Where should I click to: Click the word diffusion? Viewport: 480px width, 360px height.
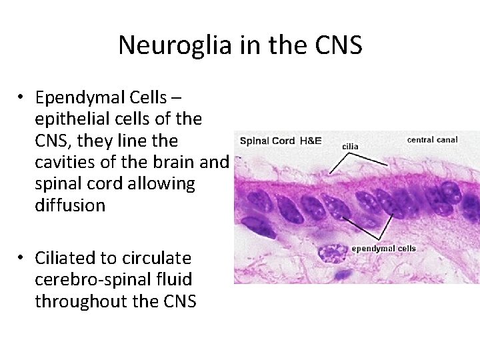pos(70,205)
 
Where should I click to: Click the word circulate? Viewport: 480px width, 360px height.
pos(159,258)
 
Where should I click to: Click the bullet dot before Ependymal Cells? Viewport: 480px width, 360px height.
pos(22,98)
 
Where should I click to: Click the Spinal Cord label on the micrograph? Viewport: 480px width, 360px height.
pos(267,141)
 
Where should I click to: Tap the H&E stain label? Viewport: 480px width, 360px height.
pos(311,141)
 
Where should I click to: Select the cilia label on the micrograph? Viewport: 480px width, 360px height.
pos(351,144)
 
